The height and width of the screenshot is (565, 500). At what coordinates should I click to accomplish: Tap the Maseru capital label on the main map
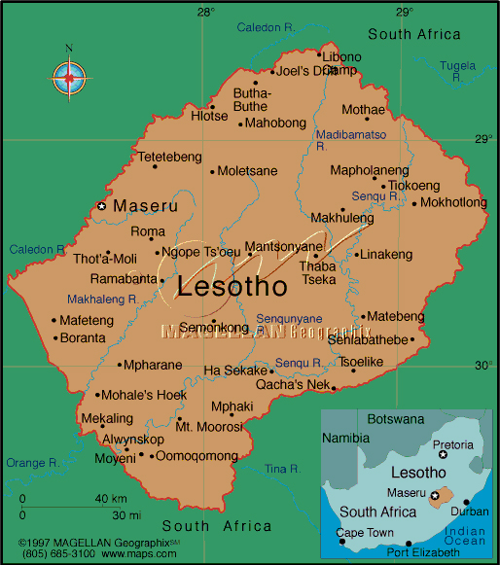[145, 206]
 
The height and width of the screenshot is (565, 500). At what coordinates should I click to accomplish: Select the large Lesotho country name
[232, 286]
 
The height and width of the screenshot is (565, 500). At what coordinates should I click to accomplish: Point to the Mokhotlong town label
[453, 203]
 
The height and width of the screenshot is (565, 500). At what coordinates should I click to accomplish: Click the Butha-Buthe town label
[252, 100]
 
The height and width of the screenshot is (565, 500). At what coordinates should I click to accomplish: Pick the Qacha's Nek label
[295, 384]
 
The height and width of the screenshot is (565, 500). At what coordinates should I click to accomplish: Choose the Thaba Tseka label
[318, 272]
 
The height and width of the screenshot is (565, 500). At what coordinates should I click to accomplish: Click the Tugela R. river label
[457, 66]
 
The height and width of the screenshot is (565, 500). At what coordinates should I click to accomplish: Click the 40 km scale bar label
[112, 499]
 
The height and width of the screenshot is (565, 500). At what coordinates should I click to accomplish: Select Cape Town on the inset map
[365, 533]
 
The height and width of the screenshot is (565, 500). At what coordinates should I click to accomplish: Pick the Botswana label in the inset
[396, 418]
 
